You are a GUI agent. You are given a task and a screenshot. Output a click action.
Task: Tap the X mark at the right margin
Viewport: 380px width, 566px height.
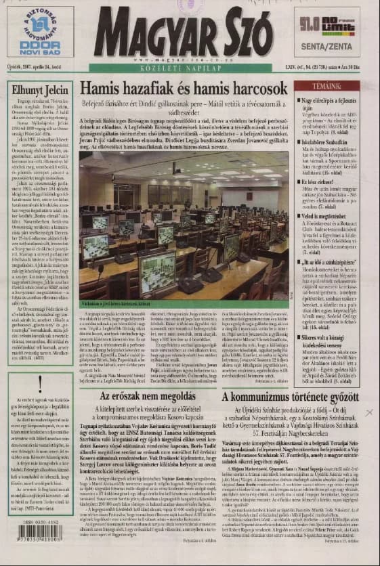(368, 412)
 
